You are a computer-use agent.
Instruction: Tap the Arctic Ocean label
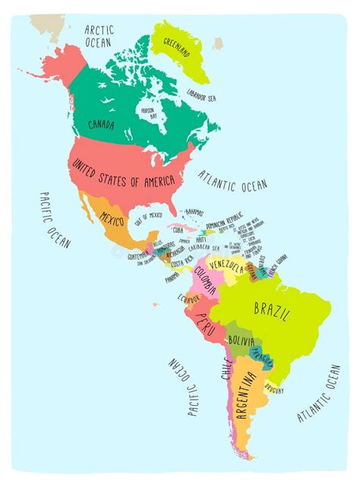pos(99,35)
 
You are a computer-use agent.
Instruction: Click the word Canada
pos(102,125)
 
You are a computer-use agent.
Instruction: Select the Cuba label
pos(178,229)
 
